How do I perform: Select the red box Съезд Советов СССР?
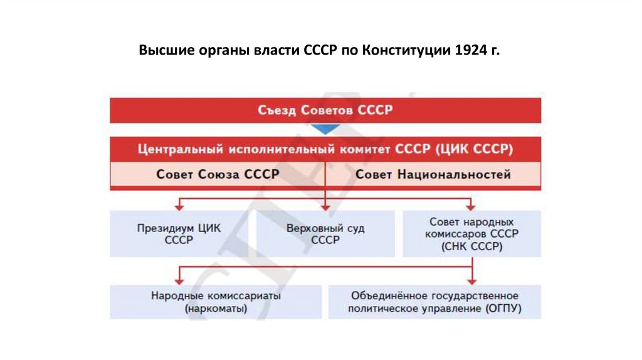[325, 110]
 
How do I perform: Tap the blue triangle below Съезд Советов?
[325, 129]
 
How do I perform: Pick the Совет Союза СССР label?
[217, 175]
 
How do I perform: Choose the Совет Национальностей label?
[433, 175]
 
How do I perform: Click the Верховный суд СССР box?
[325, 234]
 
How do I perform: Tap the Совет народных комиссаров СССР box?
[471, 234]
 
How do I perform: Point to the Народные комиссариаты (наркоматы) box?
[216, 302]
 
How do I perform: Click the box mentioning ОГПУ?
[434, 302]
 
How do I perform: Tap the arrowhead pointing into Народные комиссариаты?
[179, 280]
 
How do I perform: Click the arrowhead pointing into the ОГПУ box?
[471, 280]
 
